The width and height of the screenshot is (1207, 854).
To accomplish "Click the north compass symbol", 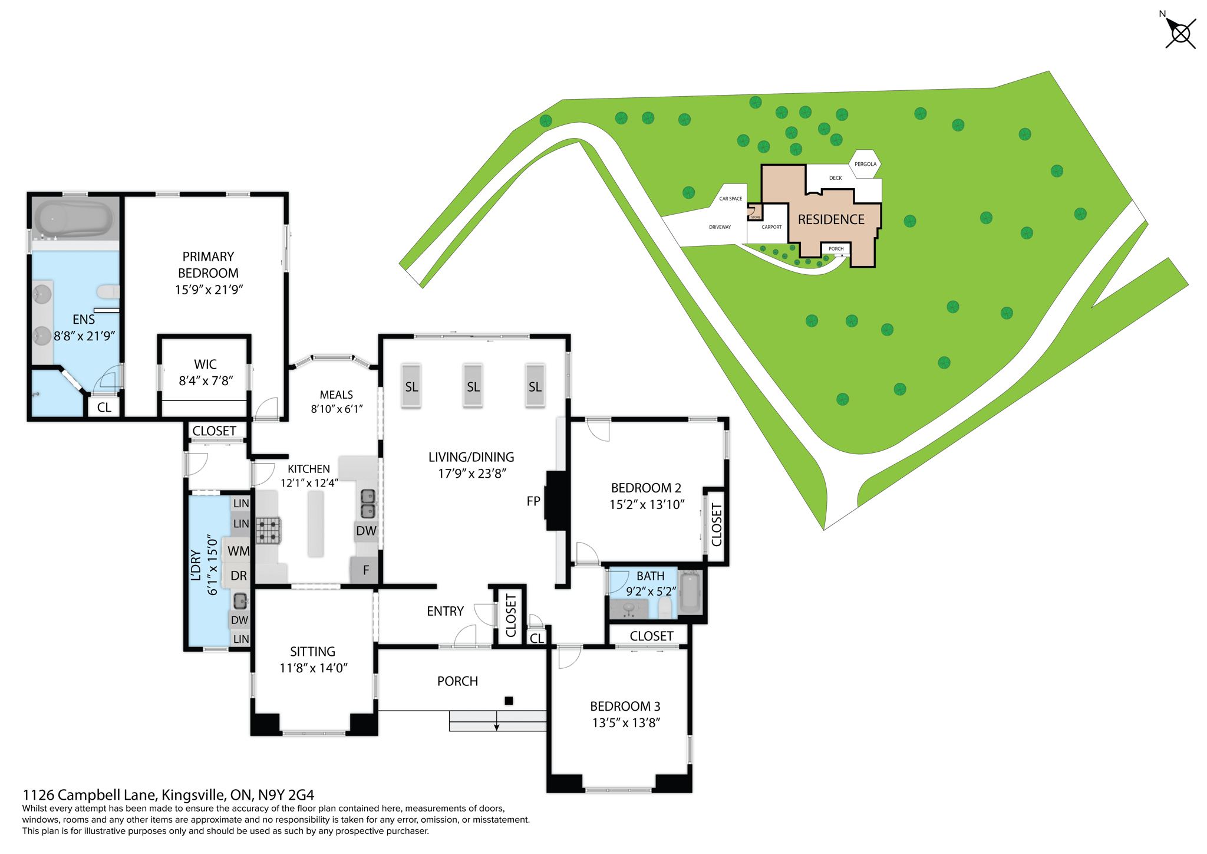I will point(1180,33).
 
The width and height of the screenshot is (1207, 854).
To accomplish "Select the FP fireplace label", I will point(533,501).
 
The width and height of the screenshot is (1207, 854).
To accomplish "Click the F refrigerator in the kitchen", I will point(365,570).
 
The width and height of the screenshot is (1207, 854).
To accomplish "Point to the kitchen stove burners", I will point(269,530).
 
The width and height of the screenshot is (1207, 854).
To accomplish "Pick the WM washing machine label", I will point(239,551).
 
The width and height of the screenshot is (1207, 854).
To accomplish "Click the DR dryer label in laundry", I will point(239,576).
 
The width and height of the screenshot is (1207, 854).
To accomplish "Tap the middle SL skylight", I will point(473,386).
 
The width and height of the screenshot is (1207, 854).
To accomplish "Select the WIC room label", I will point(205,364).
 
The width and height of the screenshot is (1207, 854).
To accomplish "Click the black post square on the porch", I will point(509,701).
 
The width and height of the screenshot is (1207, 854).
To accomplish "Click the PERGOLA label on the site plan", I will point(865,164).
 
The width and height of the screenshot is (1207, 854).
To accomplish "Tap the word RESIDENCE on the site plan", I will point(831,219).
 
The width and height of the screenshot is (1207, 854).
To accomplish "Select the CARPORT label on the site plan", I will point(771,227).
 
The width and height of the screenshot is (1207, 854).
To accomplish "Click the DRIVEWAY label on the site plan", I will point(720,227).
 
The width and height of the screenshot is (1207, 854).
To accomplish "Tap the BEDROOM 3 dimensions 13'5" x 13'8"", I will point(626,723).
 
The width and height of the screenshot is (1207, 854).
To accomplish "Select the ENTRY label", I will point(445,611).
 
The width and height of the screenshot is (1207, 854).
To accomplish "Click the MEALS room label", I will point(336,395).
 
